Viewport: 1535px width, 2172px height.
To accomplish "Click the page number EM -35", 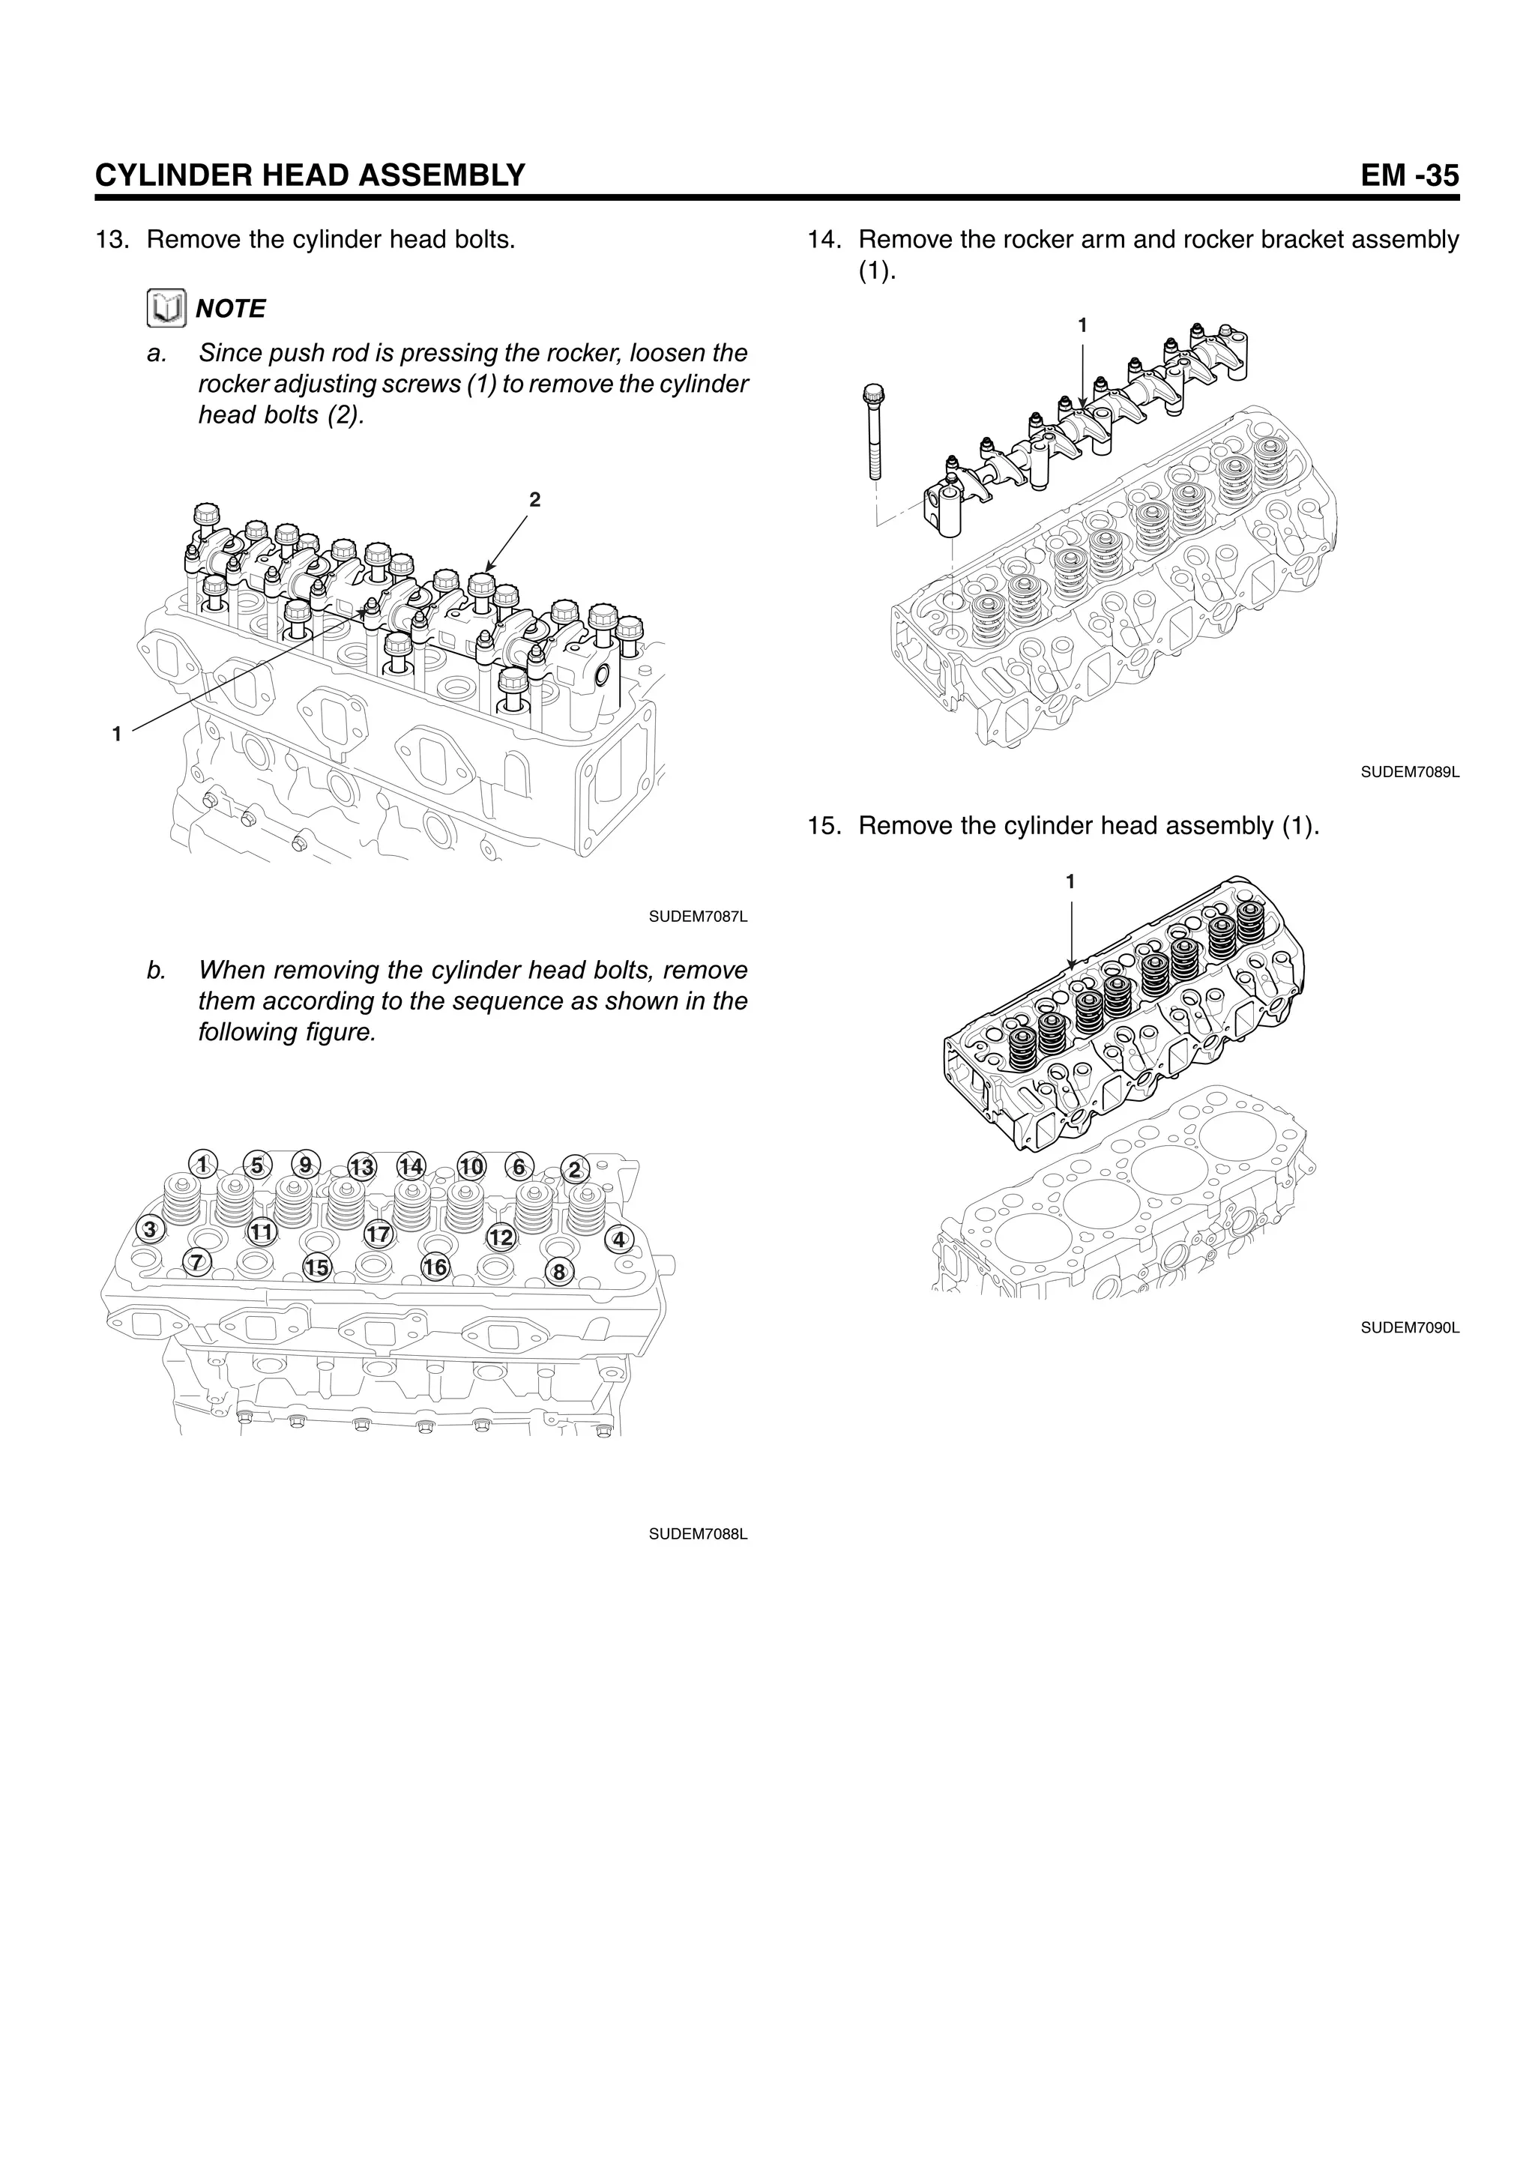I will (1408, 176).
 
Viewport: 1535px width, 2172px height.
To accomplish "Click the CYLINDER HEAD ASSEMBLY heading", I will (310, 176).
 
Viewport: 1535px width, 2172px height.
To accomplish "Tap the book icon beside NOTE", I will (166, 310).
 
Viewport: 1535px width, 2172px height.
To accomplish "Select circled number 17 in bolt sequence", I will (379, 1234).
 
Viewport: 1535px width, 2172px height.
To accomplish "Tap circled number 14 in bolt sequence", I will (411, 1165).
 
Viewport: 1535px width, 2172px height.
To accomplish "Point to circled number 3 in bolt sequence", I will (149, 1230).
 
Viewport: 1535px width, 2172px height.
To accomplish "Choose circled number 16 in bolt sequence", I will (435, 1267).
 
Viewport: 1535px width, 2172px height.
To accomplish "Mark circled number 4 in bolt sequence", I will (620, 1239).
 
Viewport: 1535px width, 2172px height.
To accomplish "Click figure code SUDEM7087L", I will (698, 917).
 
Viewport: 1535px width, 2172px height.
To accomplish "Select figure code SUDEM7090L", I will (1409, 1328).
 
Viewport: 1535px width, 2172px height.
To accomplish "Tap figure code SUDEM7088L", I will (698, 1534).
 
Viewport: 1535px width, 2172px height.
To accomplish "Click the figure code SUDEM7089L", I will (1409, 772).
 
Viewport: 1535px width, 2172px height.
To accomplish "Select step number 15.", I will (824, 826).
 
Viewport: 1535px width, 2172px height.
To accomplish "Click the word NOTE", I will (231, 310).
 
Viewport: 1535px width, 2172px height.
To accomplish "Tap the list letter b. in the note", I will (156, 971).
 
